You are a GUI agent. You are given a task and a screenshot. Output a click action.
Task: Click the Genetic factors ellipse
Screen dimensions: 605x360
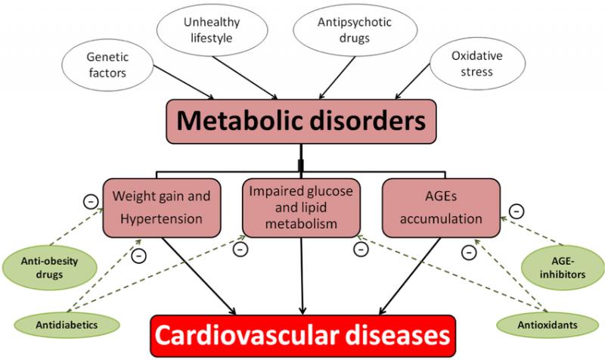point(107,65)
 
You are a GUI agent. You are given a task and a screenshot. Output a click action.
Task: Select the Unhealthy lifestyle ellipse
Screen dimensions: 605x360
point(212,30)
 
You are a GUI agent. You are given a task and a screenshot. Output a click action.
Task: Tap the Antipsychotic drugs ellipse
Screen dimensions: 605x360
point(355,30)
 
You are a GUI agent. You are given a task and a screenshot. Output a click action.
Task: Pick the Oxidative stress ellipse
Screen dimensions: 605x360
point(477,64)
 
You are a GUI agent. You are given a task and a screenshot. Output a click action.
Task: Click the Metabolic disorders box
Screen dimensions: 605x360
point(301,122)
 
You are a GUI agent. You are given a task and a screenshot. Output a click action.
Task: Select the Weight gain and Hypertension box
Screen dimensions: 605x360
point(162,208)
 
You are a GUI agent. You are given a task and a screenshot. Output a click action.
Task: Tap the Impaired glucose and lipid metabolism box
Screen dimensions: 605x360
point(301,208)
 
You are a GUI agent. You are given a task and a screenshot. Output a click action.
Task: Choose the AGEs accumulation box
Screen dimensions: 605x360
point(441,208)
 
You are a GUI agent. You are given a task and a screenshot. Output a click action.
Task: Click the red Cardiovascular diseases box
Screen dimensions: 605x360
point(303,336)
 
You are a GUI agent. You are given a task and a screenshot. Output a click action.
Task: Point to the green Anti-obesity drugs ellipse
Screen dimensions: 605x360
point(49,268)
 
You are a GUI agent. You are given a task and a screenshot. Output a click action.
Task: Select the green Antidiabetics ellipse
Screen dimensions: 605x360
point(67,325)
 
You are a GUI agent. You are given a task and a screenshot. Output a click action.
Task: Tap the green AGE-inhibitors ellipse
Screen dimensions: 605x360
point(563,268)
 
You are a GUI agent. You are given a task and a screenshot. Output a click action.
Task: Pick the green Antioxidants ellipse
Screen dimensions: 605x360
point(548,325)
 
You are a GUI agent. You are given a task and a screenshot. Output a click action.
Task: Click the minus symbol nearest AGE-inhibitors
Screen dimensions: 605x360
point(517,212)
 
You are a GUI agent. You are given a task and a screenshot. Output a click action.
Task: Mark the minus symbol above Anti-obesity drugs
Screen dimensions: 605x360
point(91,201)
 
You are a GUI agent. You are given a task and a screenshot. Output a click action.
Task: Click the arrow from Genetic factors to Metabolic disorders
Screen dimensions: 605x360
point(184,82)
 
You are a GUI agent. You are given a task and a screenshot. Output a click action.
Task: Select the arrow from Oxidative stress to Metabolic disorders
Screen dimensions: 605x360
point(412,82)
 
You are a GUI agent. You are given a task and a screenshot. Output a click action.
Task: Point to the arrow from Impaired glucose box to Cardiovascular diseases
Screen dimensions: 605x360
point(302,276)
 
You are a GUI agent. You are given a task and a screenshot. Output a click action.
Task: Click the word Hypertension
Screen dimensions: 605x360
point(161,219)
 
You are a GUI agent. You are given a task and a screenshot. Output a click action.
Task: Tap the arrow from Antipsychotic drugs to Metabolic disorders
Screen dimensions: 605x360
point(337,78)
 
